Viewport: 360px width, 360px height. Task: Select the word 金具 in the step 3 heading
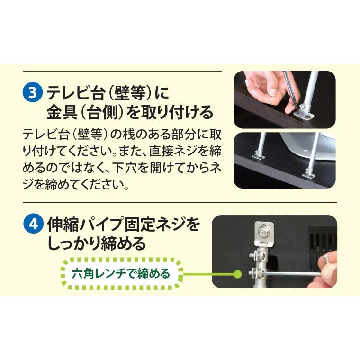[58, 112]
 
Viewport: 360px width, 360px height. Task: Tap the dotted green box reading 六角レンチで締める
[122, 273]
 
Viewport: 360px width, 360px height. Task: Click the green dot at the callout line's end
[238, 273]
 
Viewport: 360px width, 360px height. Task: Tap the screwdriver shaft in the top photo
[289, 90]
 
